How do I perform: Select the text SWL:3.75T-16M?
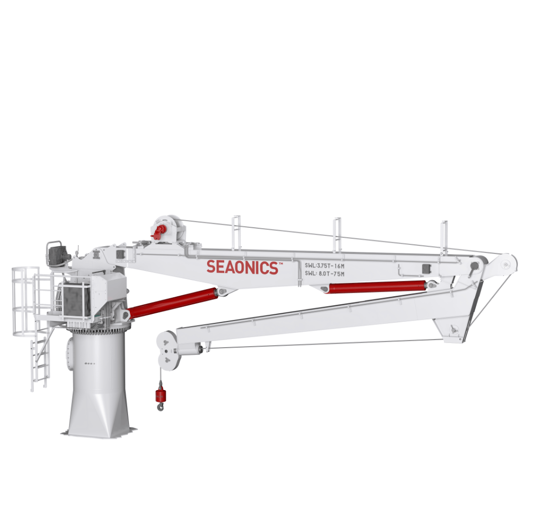pos(324,266)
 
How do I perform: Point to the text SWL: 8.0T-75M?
pos(324,274)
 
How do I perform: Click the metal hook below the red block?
pos(160,406)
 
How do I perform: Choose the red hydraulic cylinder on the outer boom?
pos(377,287)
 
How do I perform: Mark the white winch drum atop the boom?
pos(170,229)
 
